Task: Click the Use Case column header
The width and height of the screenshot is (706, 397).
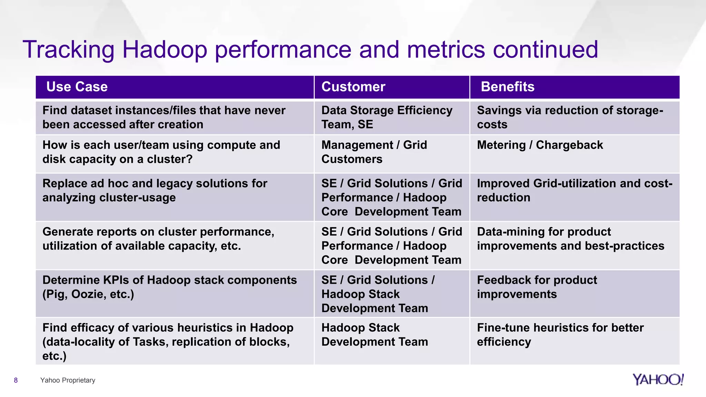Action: [77, 87]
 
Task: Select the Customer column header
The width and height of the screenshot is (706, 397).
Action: [353, 87]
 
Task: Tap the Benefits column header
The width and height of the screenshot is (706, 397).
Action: [507, 87]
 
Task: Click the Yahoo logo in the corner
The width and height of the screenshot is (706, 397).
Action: [658, 379]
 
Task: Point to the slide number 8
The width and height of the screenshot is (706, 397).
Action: [16, 380]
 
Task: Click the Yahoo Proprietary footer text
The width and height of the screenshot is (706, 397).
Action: [68, 380]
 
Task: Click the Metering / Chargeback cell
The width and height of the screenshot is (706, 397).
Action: [540, 145]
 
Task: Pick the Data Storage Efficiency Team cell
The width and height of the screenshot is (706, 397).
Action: [387, 118]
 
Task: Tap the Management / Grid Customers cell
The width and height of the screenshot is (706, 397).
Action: [374, 152]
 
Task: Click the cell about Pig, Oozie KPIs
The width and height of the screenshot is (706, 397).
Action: [169, 287]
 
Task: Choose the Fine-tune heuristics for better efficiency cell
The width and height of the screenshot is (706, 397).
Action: [560, 335]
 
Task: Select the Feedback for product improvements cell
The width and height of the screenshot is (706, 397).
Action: [537, 287]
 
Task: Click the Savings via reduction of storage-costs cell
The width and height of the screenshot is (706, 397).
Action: [569, 118]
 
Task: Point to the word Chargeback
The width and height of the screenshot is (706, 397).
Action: [569, 145]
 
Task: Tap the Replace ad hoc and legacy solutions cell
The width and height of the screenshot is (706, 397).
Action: [154, 191]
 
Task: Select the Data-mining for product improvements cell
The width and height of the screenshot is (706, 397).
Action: [570, 239]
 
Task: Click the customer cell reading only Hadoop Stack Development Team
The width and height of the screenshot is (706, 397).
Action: [374, 335]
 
